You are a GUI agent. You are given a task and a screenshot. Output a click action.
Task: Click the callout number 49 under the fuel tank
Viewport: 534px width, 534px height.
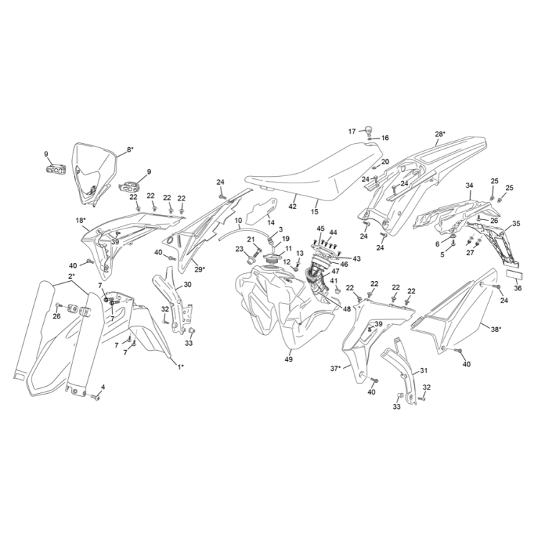[x=289, y=359]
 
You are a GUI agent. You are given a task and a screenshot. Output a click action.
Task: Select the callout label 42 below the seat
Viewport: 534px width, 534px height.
[x=293, y=206]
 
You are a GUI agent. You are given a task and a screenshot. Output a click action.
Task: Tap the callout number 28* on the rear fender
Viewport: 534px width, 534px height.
[x=440, y=134]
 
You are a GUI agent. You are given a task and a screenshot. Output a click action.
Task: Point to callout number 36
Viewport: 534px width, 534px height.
[x=517, y=288]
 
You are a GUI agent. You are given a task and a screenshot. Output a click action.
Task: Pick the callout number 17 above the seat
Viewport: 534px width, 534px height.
[x=351, y=131]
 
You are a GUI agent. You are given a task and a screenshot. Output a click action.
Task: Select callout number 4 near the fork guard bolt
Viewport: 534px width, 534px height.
[x=103, y=387]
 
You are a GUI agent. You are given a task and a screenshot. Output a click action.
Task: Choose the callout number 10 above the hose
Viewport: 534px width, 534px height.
[x=238, y=220]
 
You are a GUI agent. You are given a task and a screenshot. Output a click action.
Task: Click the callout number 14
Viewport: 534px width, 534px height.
[x=271, y=223]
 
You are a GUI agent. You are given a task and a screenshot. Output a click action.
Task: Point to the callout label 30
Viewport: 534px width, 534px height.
[x=188, y=285]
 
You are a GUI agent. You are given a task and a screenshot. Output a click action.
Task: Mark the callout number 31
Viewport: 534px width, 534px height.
[x=423, y=371]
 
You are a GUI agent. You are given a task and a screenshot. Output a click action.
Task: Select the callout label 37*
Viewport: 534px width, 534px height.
[x=336, y=369]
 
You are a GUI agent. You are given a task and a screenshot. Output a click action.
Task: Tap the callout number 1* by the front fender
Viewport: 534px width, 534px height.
[x=180, y=367]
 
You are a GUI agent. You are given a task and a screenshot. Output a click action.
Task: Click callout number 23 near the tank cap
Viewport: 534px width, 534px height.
[x=239, y=249]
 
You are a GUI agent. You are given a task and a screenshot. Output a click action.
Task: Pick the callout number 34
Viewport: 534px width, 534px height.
[x=469, y=185]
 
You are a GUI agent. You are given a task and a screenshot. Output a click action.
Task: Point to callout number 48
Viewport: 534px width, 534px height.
[x=346, y=310]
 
